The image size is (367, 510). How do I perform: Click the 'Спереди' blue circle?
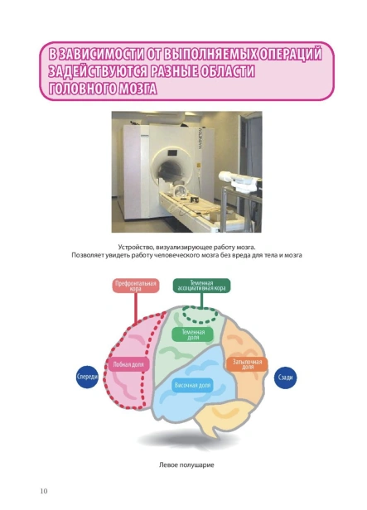pos(87,377)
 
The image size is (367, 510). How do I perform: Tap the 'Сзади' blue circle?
pos(285,378)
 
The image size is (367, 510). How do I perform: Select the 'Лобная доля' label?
pos(128,364)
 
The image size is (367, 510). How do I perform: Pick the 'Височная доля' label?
pos(192,386)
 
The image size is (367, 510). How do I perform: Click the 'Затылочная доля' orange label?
pos(247,364)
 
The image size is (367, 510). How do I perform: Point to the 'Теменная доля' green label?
pos(193,334)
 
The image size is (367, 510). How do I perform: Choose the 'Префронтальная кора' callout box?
pos(136,286)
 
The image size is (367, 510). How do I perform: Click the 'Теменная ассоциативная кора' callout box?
pos(201,286)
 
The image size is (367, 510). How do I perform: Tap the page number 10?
pos(44,491)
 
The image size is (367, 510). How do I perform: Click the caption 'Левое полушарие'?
pos(186,464)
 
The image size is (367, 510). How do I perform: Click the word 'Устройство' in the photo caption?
pos(133,248)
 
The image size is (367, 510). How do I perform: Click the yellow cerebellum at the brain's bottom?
pos(225,420)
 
